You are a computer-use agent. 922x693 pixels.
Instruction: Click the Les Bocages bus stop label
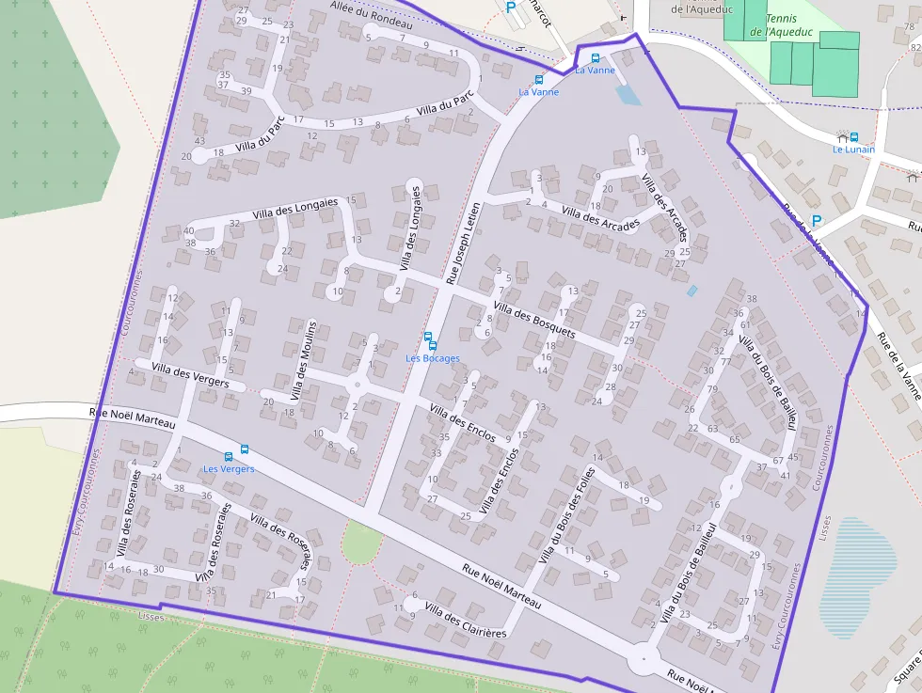(433, 358)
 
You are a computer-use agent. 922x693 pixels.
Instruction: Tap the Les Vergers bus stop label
(229, 469)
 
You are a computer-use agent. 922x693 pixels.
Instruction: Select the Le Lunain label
(853, 150)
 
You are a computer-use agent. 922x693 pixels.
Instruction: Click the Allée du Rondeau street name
(372, 16)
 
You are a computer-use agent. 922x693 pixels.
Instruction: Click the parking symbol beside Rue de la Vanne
(817, 221)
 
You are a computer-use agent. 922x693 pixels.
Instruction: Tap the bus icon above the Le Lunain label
(853, 136)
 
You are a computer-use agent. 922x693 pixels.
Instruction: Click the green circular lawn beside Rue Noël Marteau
(361, 543)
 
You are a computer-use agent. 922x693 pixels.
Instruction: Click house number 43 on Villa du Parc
(199, 116)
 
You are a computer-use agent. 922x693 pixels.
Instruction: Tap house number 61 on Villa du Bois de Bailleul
(740, 324)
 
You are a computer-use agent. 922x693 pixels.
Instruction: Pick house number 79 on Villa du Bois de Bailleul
(712, 388)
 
